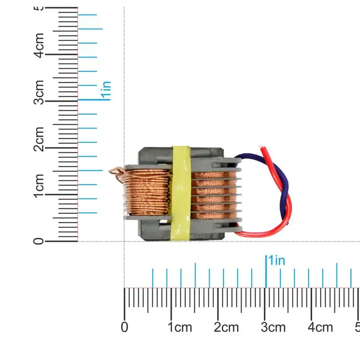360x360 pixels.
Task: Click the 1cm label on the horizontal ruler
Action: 180,327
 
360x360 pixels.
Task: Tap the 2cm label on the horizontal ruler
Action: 227,327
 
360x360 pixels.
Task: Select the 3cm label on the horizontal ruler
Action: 274,327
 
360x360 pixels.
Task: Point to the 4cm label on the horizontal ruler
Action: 321,327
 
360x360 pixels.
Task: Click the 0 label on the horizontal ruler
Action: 125,327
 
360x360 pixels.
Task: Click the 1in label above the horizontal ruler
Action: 276,261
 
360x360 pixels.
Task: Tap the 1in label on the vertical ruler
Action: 106,90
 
